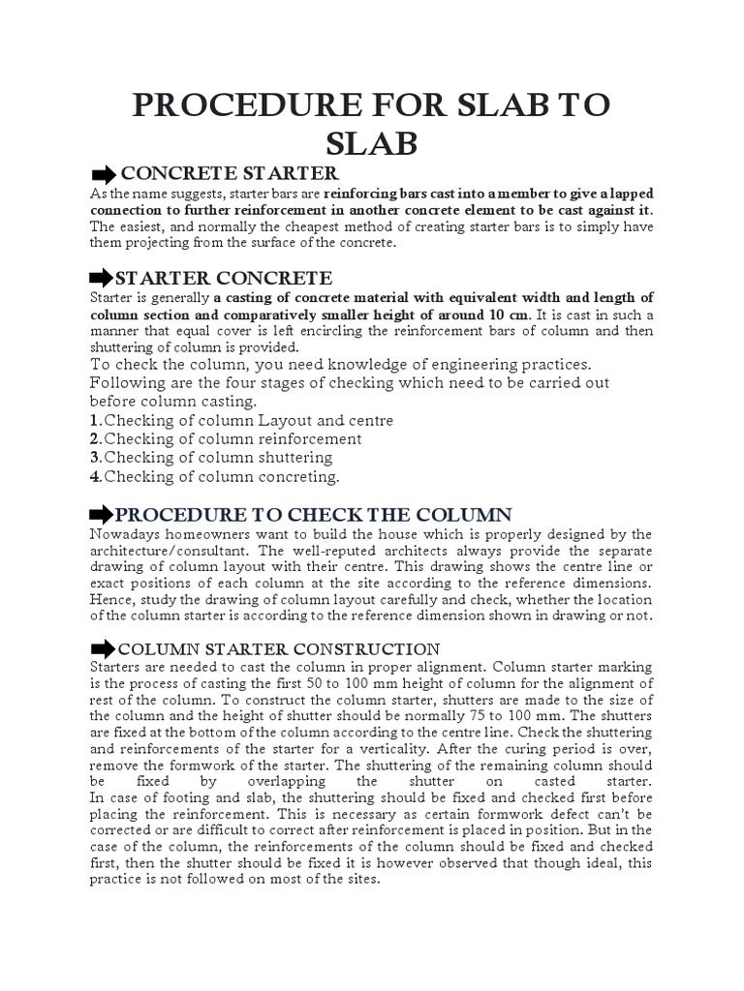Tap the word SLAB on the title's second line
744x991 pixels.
click(372, 143)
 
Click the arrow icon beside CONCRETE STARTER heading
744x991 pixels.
click(102, 175)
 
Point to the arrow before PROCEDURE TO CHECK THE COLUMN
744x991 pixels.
click(102, 514)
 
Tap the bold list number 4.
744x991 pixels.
click(95, 476)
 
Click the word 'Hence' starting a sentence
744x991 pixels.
click(109, 600)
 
